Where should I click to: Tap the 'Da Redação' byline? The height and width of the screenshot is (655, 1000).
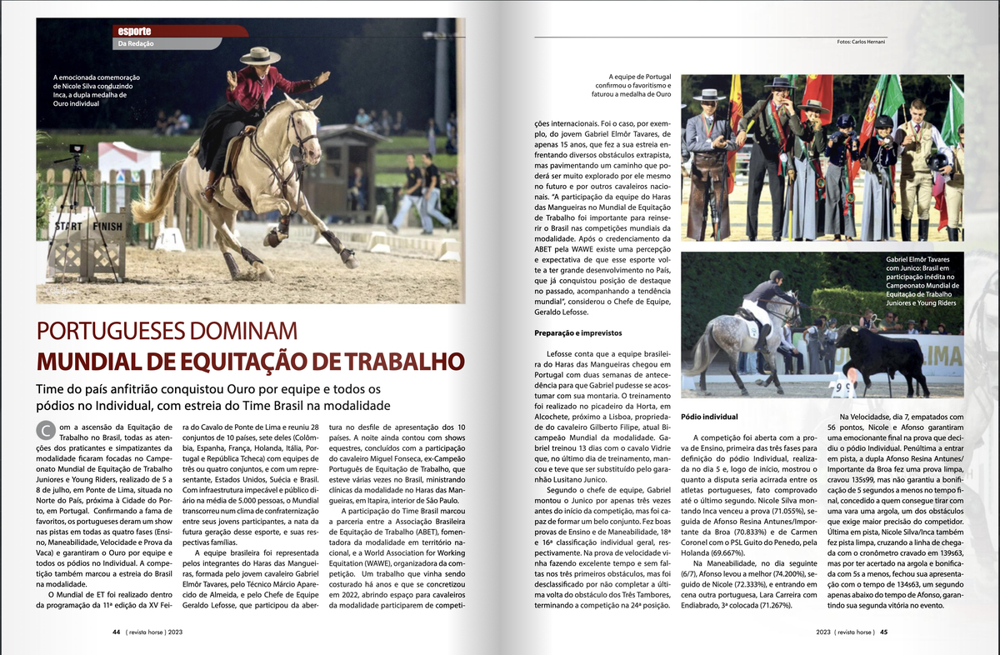136,43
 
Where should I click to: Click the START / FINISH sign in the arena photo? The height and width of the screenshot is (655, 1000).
88,226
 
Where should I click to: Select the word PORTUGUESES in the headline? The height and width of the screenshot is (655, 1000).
133,330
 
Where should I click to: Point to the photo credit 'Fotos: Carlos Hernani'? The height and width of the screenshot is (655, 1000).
861,41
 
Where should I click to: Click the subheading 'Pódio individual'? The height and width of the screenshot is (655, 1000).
708,416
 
